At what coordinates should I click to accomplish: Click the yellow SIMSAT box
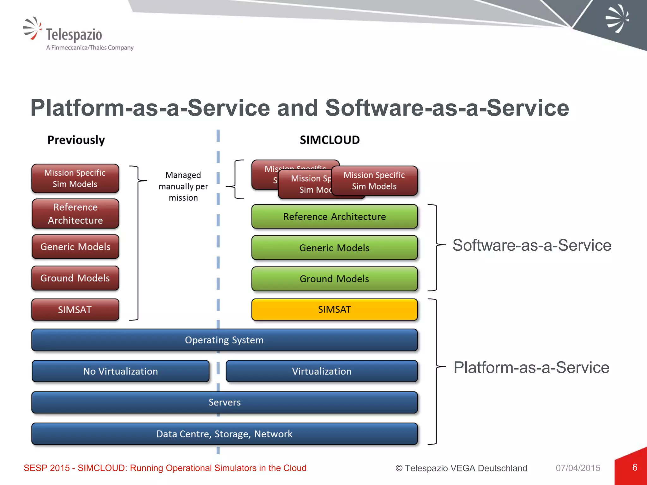pos(334,309)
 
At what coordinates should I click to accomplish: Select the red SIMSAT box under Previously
pos(75,310)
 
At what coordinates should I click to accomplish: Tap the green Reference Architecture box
pos(334,217)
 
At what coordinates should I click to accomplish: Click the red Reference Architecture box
pos(75,214)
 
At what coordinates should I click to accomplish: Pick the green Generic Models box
pos(334,248)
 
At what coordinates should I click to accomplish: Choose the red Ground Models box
pos(75,278)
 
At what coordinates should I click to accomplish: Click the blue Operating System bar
pos(224,340)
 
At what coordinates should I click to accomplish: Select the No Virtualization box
pos(120,371)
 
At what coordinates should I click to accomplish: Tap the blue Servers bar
pos(224,402)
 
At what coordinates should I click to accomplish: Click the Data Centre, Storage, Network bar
pos(224,434)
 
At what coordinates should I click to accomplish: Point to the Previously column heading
pos(76,140)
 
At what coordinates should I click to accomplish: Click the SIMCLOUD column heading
pos(330,140)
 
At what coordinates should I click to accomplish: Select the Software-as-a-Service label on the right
pos(532,245)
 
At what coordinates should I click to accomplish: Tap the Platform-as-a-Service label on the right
pos(531,368)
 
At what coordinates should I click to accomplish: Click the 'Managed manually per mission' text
pos(183,186)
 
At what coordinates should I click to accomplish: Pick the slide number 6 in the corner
pos(635,467)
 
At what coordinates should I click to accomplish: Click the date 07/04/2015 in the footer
pos(578,468)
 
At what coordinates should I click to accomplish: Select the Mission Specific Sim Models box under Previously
pos(75,178)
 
